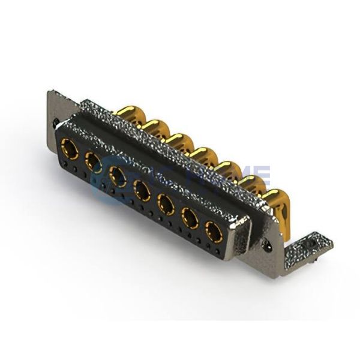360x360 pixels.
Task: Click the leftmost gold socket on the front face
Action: (x=70, y=148)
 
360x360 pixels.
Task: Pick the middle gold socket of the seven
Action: (x=142, y=190)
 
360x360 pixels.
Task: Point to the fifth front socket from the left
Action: (x=166, y=203)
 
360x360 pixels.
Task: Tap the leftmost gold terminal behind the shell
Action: (x=128, y=115)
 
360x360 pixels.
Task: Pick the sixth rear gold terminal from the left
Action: (x=253, y=182)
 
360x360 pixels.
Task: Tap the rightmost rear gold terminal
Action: (x=275, y=198)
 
